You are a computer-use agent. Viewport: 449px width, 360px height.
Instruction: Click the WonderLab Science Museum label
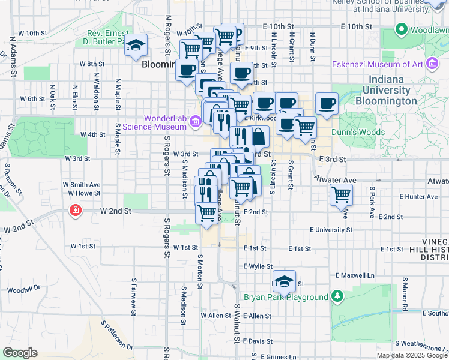tap(154, 122)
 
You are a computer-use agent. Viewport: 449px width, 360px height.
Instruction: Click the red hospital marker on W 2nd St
tap(76, 210)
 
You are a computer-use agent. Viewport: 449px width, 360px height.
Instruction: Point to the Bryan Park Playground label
tap(286, 297)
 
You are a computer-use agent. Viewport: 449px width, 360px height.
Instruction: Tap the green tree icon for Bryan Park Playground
tap(338, 296)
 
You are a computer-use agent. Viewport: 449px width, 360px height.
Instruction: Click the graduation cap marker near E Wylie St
tap(283, 280)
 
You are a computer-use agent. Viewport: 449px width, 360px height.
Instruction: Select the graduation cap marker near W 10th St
tap(136, 45)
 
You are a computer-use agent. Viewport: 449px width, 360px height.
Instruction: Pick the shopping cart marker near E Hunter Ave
tap(341, 194)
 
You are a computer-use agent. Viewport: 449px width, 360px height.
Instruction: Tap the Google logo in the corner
tap(20, 353)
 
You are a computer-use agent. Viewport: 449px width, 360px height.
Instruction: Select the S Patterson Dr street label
tap(117, 335)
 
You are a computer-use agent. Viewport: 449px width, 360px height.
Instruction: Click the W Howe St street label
tap(84, 193)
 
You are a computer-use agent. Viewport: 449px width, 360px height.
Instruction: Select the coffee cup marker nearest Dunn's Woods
tap(326, 104)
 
